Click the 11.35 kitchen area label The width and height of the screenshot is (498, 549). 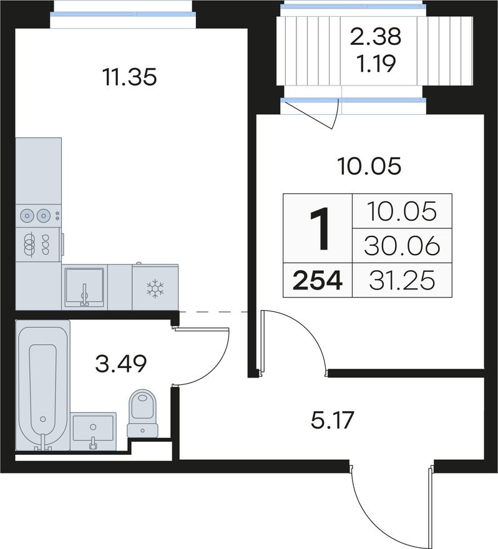[x=130, y=77]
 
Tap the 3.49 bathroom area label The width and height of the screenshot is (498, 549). [x=121, y=364]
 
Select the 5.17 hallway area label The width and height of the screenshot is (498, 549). [x=333, y=420]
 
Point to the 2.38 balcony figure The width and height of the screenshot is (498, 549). [x=376, y=36]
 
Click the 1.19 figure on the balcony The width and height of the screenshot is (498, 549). [x=376, y=64]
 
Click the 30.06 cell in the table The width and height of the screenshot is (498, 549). [x=402, y=245]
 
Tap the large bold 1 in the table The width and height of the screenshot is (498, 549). [x=320, y=228]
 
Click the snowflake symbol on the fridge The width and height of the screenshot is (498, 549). [x=155, y=289]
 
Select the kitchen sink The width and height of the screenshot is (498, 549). [x=84, y=287]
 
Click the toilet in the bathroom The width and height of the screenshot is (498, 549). [x=142, y=414]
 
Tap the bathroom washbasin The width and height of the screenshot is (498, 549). [x=93, y=431]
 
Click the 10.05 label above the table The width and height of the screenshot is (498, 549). [x=369, y=167]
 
